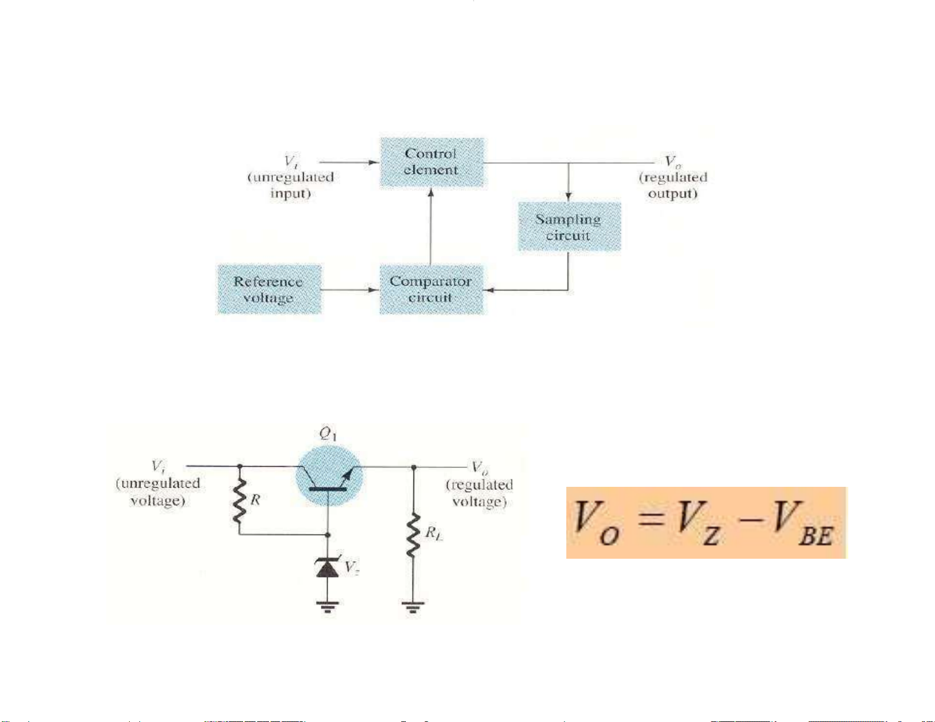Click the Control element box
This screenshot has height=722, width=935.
(431, 162)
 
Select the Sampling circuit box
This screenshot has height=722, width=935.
(569, 227)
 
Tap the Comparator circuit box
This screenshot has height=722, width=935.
(431, 289)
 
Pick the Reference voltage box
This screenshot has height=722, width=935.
(269, 289)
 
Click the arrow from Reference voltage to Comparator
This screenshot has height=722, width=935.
(350, 289)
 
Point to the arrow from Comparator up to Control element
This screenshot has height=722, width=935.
(431, 227)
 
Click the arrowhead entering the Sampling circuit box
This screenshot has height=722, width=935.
(568, 196)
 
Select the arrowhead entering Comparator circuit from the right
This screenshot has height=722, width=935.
(488, 290)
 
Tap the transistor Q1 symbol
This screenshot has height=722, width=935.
(328, 475)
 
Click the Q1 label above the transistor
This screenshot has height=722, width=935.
(328, 434)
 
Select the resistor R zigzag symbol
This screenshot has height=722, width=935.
(239, 501)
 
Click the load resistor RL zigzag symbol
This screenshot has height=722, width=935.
(413, 535)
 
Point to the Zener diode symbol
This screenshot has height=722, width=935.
(327, 567)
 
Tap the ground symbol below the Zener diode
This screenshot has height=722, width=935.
(327, 606)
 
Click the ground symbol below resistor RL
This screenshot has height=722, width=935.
(413, 606)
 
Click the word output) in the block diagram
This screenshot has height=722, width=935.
(672, 193)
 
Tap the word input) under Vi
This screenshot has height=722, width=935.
(290, 193)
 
